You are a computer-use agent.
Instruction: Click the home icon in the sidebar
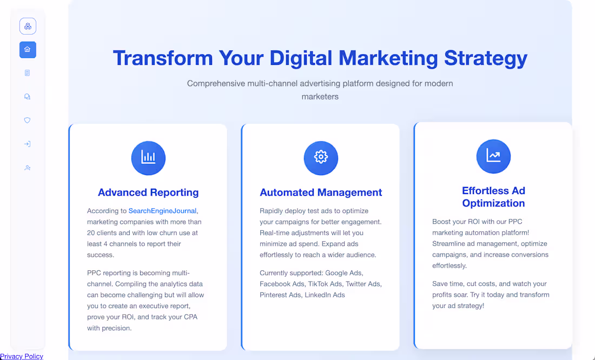pyautogui.click(x=28, y=50)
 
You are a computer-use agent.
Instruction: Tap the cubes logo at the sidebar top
pyautogui.click(x=28, y=26)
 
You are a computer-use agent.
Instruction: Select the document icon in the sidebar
pyautogui.click(x=28, y=73)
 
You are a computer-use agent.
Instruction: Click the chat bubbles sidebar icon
pyautogui.click(x=28, y=97)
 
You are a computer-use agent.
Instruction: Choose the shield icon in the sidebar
pyautogui.click(x=28, y=121)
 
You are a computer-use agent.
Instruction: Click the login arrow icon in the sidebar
pyautogui.click(x=28, y=144)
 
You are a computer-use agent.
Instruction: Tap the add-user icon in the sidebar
pyautogui.click(x=28, y=168)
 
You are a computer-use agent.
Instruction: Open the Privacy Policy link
pyautogui.click(x=22, y=356)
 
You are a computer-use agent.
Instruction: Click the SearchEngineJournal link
pyautogui.click(x=163, y=211)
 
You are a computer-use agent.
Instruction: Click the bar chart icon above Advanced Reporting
pyautogui.click(x=148, y=158)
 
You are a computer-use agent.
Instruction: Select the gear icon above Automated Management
pyautogui.click(x=321, y=158)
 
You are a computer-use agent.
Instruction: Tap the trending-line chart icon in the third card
pyautogui.click(x=493, y=156)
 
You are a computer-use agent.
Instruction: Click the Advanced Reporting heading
pyautogui.click(x=148, y=192)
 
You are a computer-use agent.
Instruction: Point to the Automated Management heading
pyautogui.click(x=321, y=192)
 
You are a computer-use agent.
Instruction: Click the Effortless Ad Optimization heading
pyautogui.click(x=493, y=197)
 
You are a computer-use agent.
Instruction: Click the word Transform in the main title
pyautogui.click(x=162, y=58)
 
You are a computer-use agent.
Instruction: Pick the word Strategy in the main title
pyautogui.click(x=485, y=58)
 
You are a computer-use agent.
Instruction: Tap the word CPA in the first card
pyautogui.click(x=190, y=317)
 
